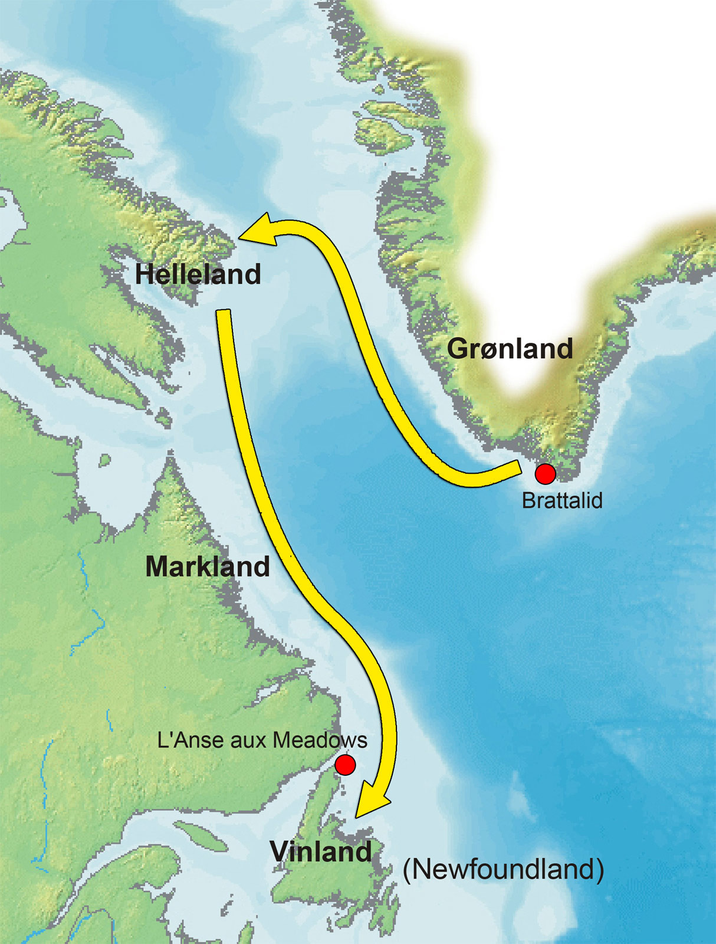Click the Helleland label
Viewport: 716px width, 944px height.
pos(198,274)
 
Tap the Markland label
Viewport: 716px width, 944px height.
pos(208,566)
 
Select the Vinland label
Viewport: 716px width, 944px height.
pos(321,851)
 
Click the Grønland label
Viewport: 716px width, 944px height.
pos(510,349)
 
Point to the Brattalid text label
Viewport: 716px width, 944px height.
pos(562,500)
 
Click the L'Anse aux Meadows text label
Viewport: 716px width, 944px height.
pos(262,740)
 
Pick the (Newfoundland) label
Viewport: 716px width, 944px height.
pos(503,869)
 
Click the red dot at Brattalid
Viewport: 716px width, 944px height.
pos(545,473)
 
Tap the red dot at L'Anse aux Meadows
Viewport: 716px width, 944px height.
pos(345,765)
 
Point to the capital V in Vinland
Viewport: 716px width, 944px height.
pos(281,851)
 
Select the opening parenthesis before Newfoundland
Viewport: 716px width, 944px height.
pos(408,870)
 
